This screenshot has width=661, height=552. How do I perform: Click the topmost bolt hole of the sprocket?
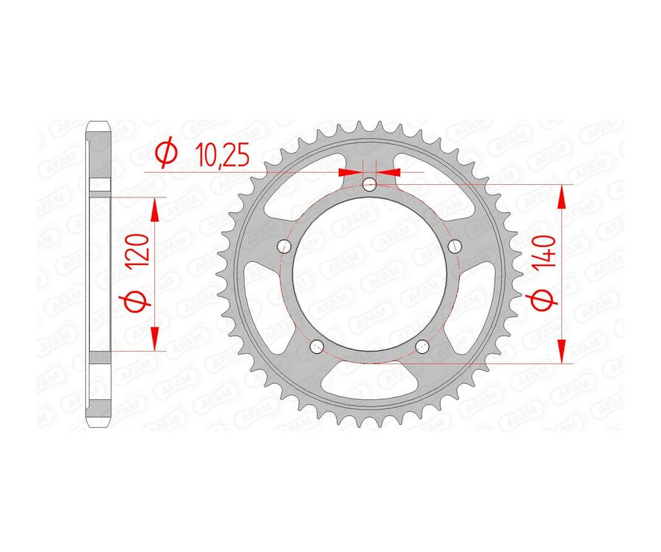point(370,184)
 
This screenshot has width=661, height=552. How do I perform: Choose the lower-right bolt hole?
point(423,346)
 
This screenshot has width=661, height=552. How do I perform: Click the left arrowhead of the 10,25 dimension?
point(350,172)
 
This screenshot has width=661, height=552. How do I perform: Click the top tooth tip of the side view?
point(98,123)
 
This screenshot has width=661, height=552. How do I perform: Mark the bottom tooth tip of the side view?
point(98,428)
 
